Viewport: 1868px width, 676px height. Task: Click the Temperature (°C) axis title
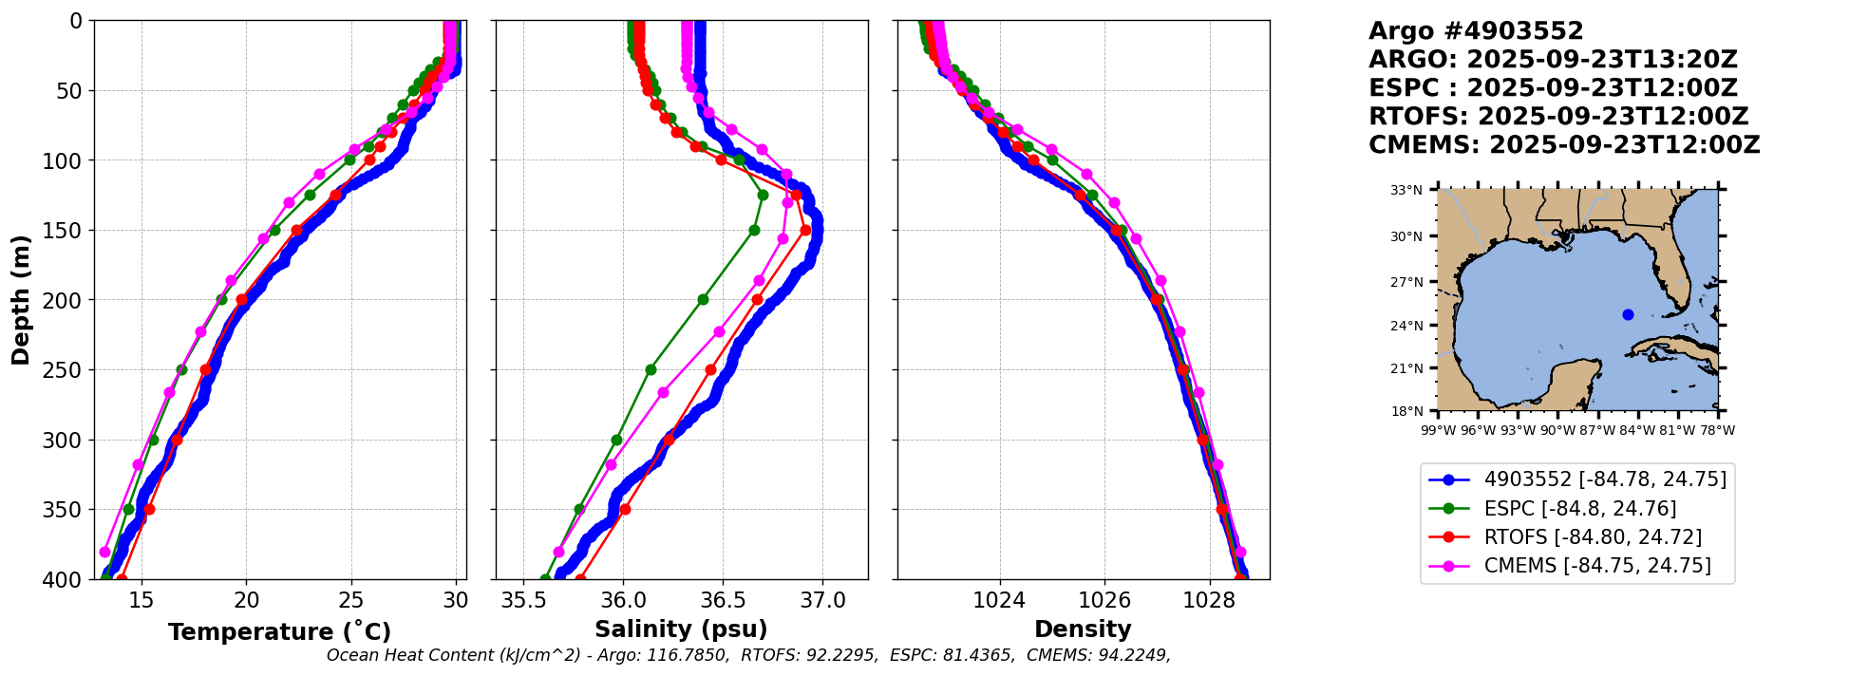(279, 631)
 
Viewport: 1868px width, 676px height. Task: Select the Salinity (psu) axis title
(681, 629)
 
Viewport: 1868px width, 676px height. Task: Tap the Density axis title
(1083, 629)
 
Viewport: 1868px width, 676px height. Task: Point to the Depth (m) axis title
(21, 300)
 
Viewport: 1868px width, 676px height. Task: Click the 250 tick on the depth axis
(66, 370)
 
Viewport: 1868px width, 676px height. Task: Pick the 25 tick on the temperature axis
(351, 600)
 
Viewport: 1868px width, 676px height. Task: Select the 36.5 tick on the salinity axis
(723, 600)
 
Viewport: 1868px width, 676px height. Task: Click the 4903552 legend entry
(1577, 479)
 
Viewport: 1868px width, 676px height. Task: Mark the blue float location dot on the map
(1628, 314)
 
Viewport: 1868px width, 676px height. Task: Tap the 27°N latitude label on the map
(1407, 282)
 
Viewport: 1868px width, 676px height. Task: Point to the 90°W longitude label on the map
(1557, 430)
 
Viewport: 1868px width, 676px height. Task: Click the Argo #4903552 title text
(1476, 31)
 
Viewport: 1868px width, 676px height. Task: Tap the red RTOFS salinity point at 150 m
(805, 230)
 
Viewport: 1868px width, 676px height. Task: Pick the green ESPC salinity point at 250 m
(651, 369)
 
